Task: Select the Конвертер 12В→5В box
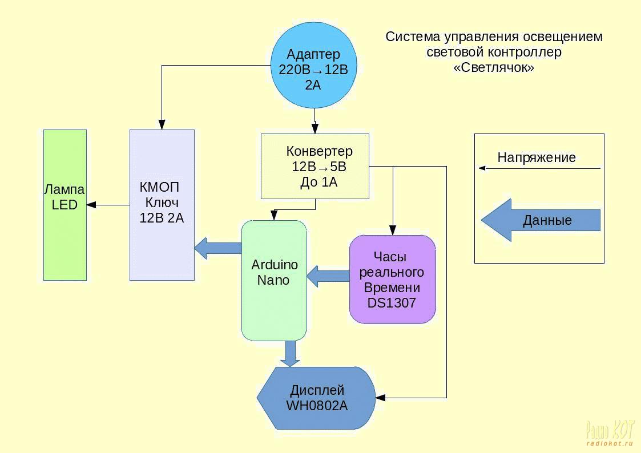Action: coord(315,166)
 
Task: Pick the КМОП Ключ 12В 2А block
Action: coord(162,205)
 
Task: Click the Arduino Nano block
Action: coord(274,280)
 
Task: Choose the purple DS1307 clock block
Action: coord(392,280)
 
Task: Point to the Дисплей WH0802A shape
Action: coord(317,398)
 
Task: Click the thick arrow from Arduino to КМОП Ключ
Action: coord(217,248)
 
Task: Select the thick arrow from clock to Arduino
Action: coord(328,277)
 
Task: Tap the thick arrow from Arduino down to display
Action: coord(291,354)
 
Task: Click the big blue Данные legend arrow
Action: coord(540,220)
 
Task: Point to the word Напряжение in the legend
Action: coord(537,157)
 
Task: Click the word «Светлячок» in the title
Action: coord(494,67)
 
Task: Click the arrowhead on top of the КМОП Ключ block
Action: coord(162,124)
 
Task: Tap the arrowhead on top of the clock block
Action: coord(393,230)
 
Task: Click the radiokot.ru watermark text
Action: coord(609,443)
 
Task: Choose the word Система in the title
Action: coord(411,37)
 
